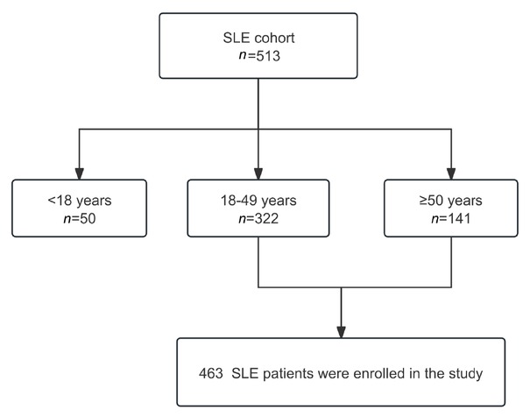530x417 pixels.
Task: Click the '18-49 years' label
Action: (258, 201)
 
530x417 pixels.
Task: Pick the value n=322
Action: (258, 218)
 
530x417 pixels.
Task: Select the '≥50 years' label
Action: (451, 201)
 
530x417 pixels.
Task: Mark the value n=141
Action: (451, 218)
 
